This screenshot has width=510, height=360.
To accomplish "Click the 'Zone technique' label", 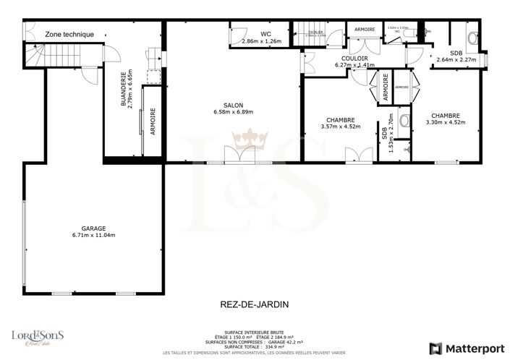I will pos(69,34).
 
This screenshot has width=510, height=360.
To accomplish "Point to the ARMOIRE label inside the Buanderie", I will pos(153,121).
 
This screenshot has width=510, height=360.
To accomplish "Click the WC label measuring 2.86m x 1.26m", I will pos(265,34).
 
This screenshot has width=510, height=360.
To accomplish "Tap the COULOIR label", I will pos(356,58).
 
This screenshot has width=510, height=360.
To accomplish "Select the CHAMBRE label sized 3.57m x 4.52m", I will pos(340,121).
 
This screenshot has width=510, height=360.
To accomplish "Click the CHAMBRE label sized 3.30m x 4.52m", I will pos(445,115).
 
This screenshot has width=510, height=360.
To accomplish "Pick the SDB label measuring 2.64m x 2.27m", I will pos(456,53).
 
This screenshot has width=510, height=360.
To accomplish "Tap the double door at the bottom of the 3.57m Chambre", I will pos(354,154).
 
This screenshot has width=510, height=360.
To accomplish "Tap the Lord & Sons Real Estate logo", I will pos(38,338).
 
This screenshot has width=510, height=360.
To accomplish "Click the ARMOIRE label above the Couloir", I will pos(364,29).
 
